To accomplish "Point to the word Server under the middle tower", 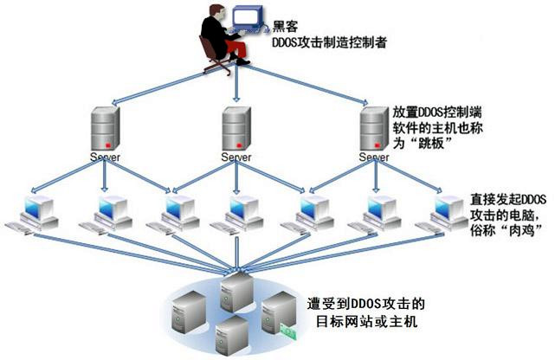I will click(236, 157).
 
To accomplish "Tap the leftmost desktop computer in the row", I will click(36, 212).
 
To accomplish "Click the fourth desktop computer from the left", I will click(240, 212).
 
